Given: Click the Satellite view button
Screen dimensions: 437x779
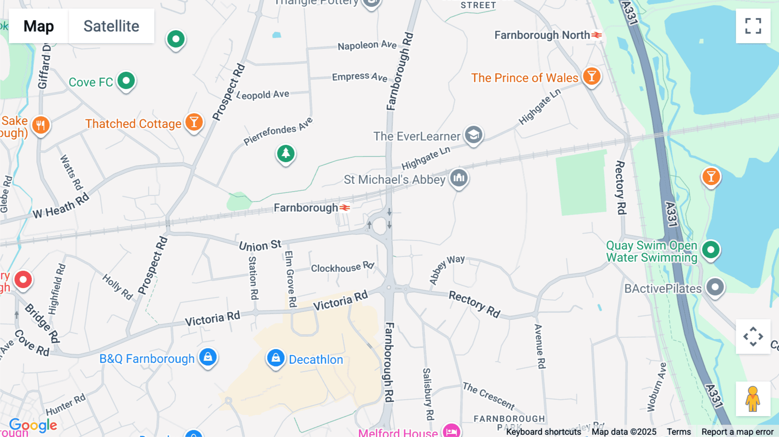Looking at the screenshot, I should (x=111, y=26).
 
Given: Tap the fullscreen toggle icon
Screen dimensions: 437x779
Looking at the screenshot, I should (x=753, y=26).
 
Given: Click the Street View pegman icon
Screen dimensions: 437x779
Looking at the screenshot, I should (x=753, y=399).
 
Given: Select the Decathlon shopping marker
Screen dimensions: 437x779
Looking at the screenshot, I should (x=276, y=358).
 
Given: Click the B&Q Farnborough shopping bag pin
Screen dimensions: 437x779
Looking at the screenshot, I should (x=208, y=357).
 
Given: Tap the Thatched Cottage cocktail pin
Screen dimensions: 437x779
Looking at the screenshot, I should (x=194, y=122).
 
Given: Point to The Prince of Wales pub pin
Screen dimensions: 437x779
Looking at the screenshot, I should (x=592, y=77).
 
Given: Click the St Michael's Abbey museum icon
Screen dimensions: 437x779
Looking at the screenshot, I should (x=459, y=178).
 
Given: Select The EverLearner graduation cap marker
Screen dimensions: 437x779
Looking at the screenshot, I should (x=473, y=135).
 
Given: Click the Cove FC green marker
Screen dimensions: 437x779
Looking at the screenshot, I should (x=126, y=81).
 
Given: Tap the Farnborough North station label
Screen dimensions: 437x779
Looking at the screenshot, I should (x=542, y=35).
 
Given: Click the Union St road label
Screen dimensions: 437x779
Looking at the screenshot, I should (x=260, y=245).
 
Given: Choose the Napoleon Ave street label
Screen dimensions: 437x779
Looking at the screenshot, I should (x=367, y=45).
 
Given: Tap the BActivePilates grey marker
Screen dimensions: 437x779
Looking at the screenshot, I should (x=715, y=287).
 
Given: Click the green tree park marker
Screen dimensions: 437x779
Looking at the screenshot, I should (x=286, y=154).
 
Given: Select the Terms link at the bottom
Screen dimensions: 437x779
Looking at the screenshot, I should (x=679, y=432).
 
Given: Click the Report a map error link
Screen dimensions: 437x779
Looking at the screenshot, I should (x=737, y=432).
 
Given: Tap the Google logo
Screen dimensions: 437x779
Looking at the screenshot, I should (x=33, y=426).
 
